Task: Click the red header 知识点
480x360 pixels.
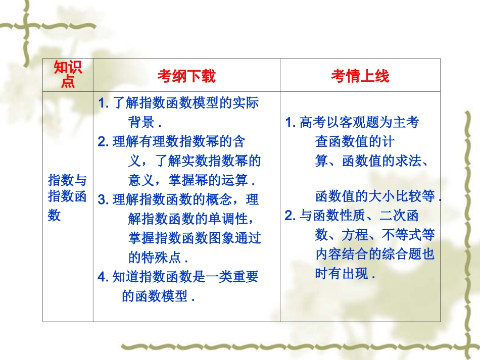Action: pos(68,75)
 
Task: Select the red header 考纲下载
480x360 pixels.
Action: pos(186,76)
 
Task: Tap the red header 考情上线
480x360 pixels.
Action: pos(360,76)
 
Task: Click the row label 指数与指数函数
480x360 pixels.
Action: pos(68,197)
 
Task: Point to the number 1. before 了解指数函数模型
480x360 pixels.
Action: pos(104,104)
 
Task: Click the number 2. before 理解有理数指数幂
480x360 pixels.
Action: pos(104,142)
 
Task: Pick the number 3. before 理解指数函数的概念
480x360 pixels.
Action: pos(104,199)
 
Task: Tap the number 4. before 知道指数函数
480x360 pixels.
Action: pos(104,277)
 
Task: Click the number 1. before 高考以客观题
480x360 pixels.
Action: pos(291,122)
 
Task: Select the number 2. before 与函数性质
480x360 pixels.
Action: pos(291,216)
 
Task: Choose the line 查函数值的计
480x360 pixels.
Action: pos(354,141)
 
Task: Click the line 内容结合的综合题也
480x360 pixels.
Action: pos(374,254)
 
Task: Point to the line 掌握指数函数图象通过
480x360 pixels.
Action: pos(195,238)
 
